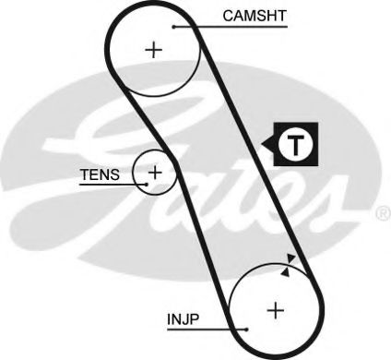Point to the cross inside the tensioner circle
pyautogui.click(x=156, y=172)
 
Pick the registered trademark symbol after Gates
pyautogui.click(x=383, y=215)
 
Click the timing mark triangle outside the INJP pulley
pyautogui.click(x=291, y=258)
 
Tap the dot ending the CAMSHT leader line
pyautogui.click(x=172, y=27)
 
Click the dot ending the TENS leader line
pyautogui.click(x=146, y=183)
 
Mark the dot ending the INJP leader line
pyautogui.click(x=246, y=329)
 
